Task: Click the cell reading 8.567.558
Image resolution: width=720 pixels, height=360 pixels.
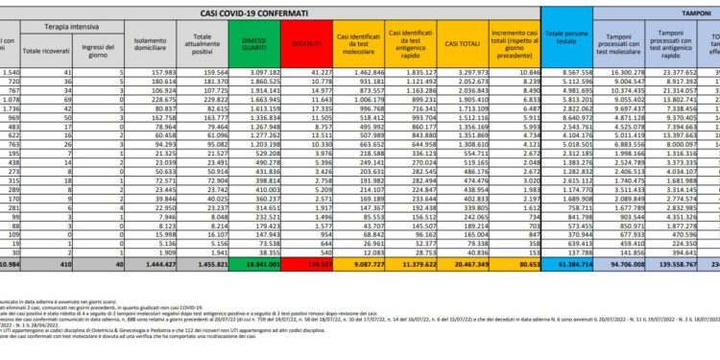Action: coord(578,73)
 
